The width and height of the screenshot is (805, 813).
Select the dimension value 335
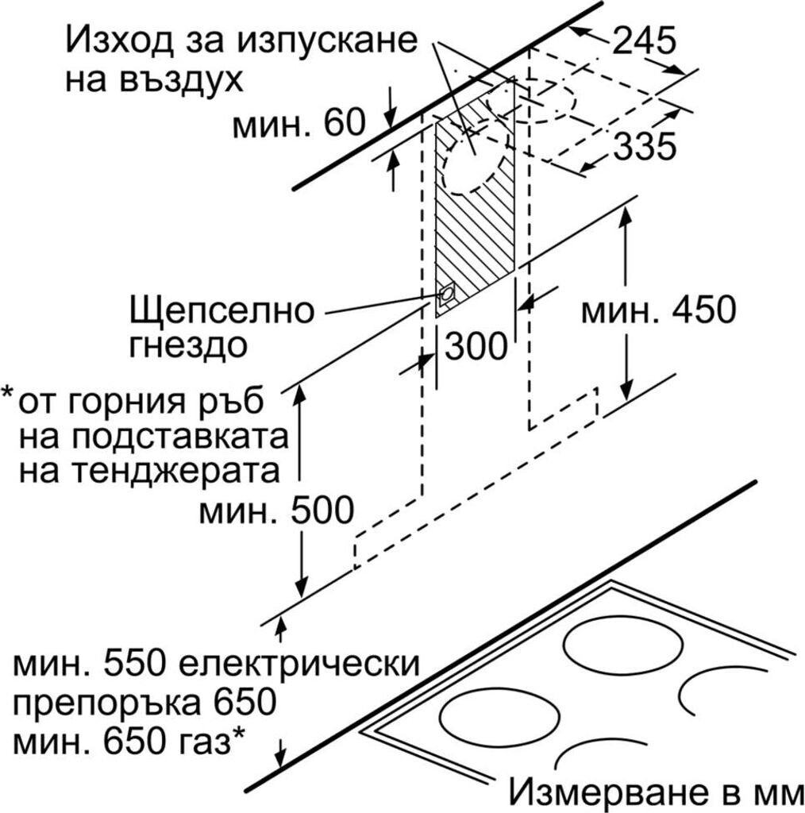(645, 147)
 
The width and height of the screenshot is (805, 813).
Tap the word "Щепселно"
(221, 310)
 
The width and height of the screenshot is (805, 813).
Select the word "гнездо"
(189, 346)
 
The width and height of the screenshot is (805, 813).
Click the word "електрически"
(309, 663)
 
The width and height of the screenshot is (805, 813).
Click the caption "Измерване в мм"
(656, 791)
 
